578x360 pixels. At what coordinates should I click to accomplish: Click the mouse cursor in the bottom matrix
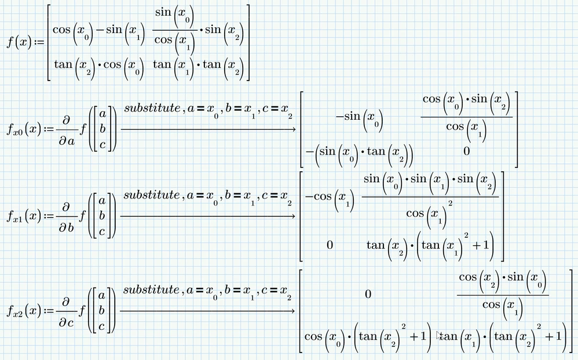(x=438, y=335)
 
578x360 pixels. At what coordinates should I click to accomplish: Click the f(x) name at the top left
(x=19, y=43)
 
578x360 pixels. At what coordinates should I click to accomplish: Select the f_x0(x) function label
(x=24, y=130)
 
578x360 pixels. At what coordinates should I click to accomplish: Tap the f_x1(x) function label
(x=24, y=216)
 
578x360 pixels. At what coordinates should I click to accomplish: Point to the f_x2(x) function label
(x=24, y=311)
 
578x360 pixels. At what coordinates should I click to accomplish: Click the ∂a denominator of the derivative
(x=67, y=141)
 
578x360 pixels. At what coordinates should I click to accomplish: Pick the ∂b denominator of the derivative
(x=67, y=227)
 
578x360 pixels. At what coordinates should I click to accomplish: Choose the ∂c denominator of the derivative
(x=67, y=322)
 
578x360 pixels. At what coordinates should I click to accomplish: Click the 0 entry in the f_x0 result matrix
(x=466, y=151)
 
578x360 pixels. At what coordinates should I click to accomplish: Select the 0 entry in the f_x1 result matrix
(x=330, y=245)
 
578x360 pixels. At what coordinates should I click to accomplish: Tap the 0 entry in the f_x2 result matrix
(x=368, y=294)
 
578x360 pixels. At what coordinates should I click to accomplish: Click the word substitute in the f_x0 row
(x=152, y=108)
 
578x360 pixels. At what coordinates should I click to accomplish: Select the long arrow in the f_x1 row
(x=208, y=216)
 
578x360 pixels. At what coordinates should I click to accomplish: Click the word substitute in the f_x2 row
(x=152, y=290)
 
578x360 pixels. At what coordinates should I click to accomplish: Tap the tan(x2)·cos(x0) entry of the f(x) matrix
(x=99, y=67)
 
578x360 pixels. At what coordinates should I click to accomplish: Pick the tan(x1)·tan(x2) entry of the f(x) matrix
(x=198, y=67)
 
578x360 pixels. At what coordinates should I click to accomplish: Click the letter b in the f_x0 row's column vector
(x=103, y=129)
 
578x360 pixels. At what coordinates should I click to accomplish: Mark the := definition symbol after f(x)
(x=39, y=43)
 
